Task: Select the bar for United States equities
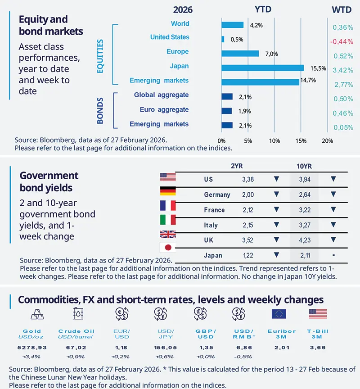click(223, 39)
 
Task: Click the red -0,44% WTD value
click(342, 41)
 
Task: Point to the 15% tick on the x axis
click(301, 141)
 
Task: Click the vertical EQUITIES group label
click(100, 56)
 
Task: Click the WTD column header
click(342, 9)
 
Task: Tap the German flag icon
click(168, 191)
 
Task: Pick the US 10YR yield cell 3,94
click(305, 180)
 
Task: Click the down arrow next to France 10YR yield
click(333, 209)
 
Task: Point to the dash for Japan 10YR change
click(333, 255)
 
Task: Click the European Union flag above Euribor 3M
click(279, 314)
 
